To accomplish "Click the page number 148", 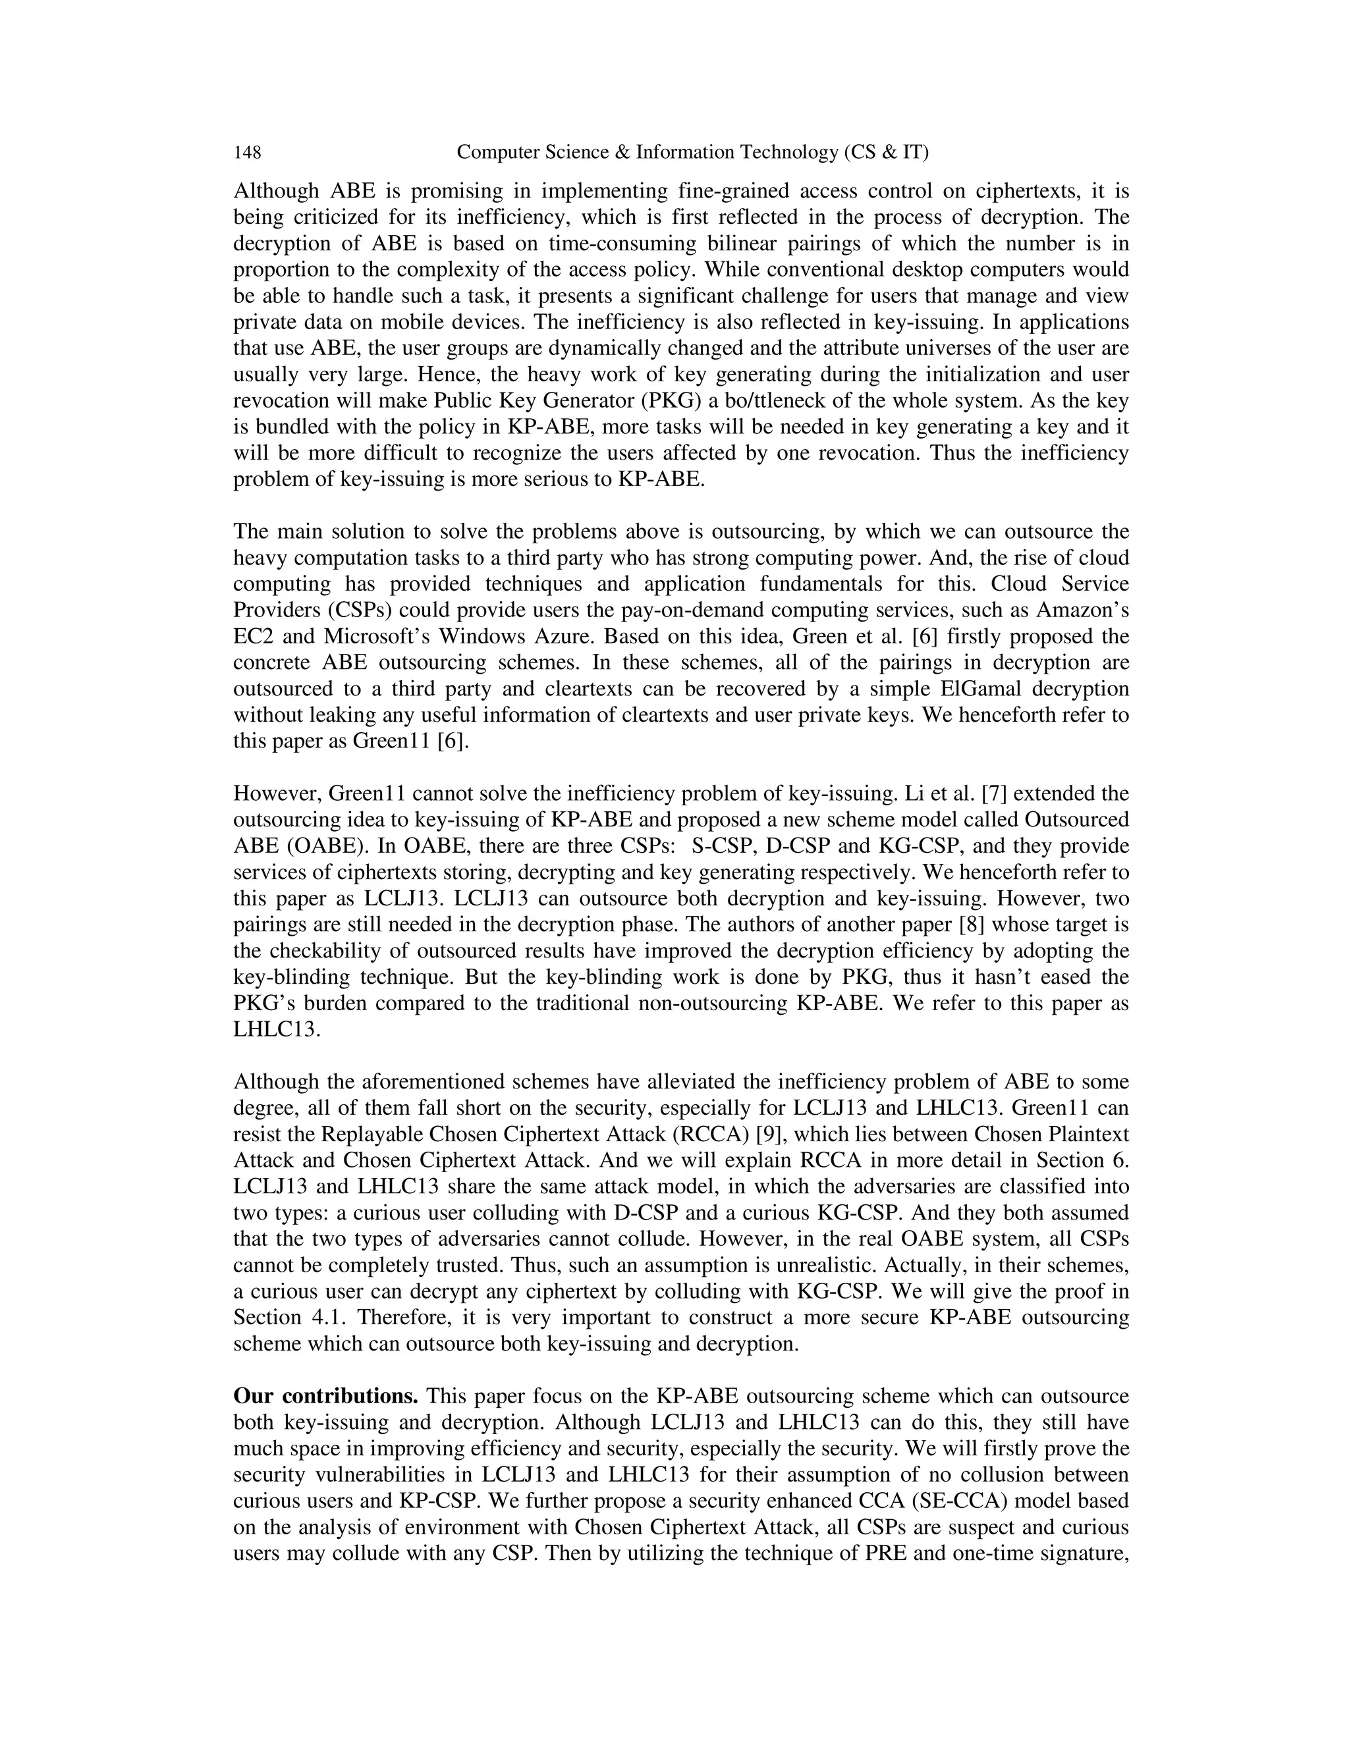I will coord(247,153).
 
